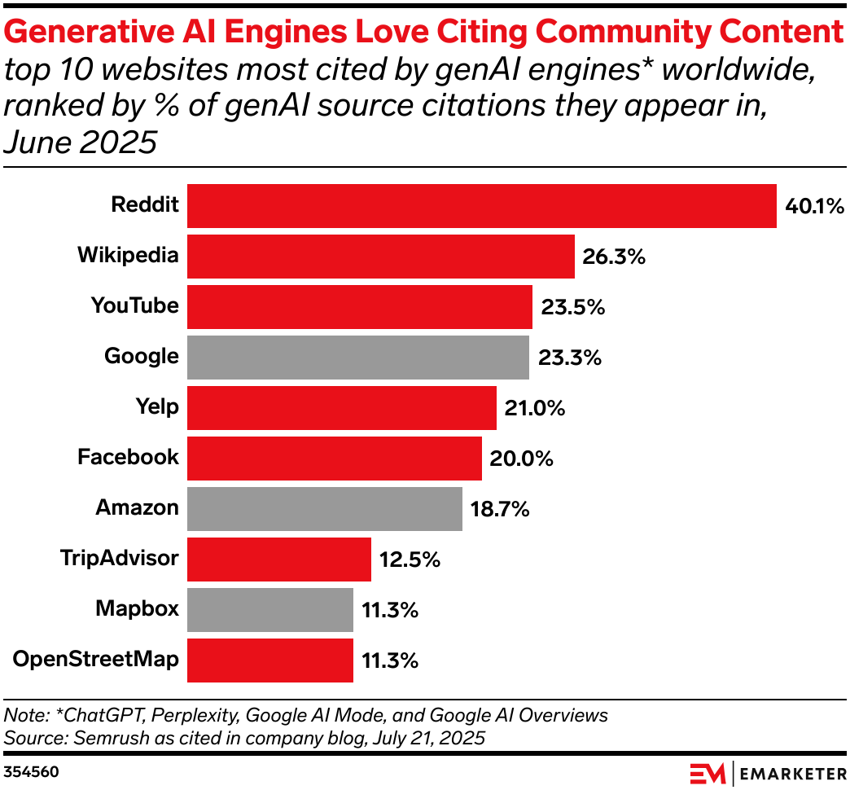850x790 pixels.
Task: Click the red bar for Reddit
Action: [x=481, y=206]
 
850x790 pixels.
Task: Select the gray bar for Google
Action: [x=358, y=358]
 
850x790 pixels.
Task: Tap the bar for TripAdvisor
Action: [x=279, y=560]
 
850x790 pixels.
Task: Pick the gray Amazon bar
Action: [x=325, y=509]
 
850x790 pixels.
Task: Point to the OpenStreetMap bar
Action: [x=270, y=661]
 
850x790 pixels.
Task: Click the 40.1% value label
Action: [x=814, y=206]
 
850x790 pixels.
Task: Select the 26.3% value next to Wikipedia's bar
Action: [x=614, y=257]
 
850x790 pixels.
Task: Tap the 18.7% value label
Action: [x=500, y=509]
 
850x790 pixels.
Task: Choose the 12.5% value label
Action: [x=410, y=560]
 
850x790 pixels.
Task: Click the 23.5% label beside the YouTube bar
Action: [x=572, y=307]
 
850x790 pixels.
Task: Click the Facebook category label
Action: [x=128, y=457]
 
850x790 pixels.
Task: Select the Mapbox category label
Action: [x=137, y=608]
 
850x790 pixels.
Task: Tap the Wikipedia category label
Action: [x=128, y=255]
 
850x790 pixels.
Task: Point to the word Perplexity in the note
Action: [x=200, y=716]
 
